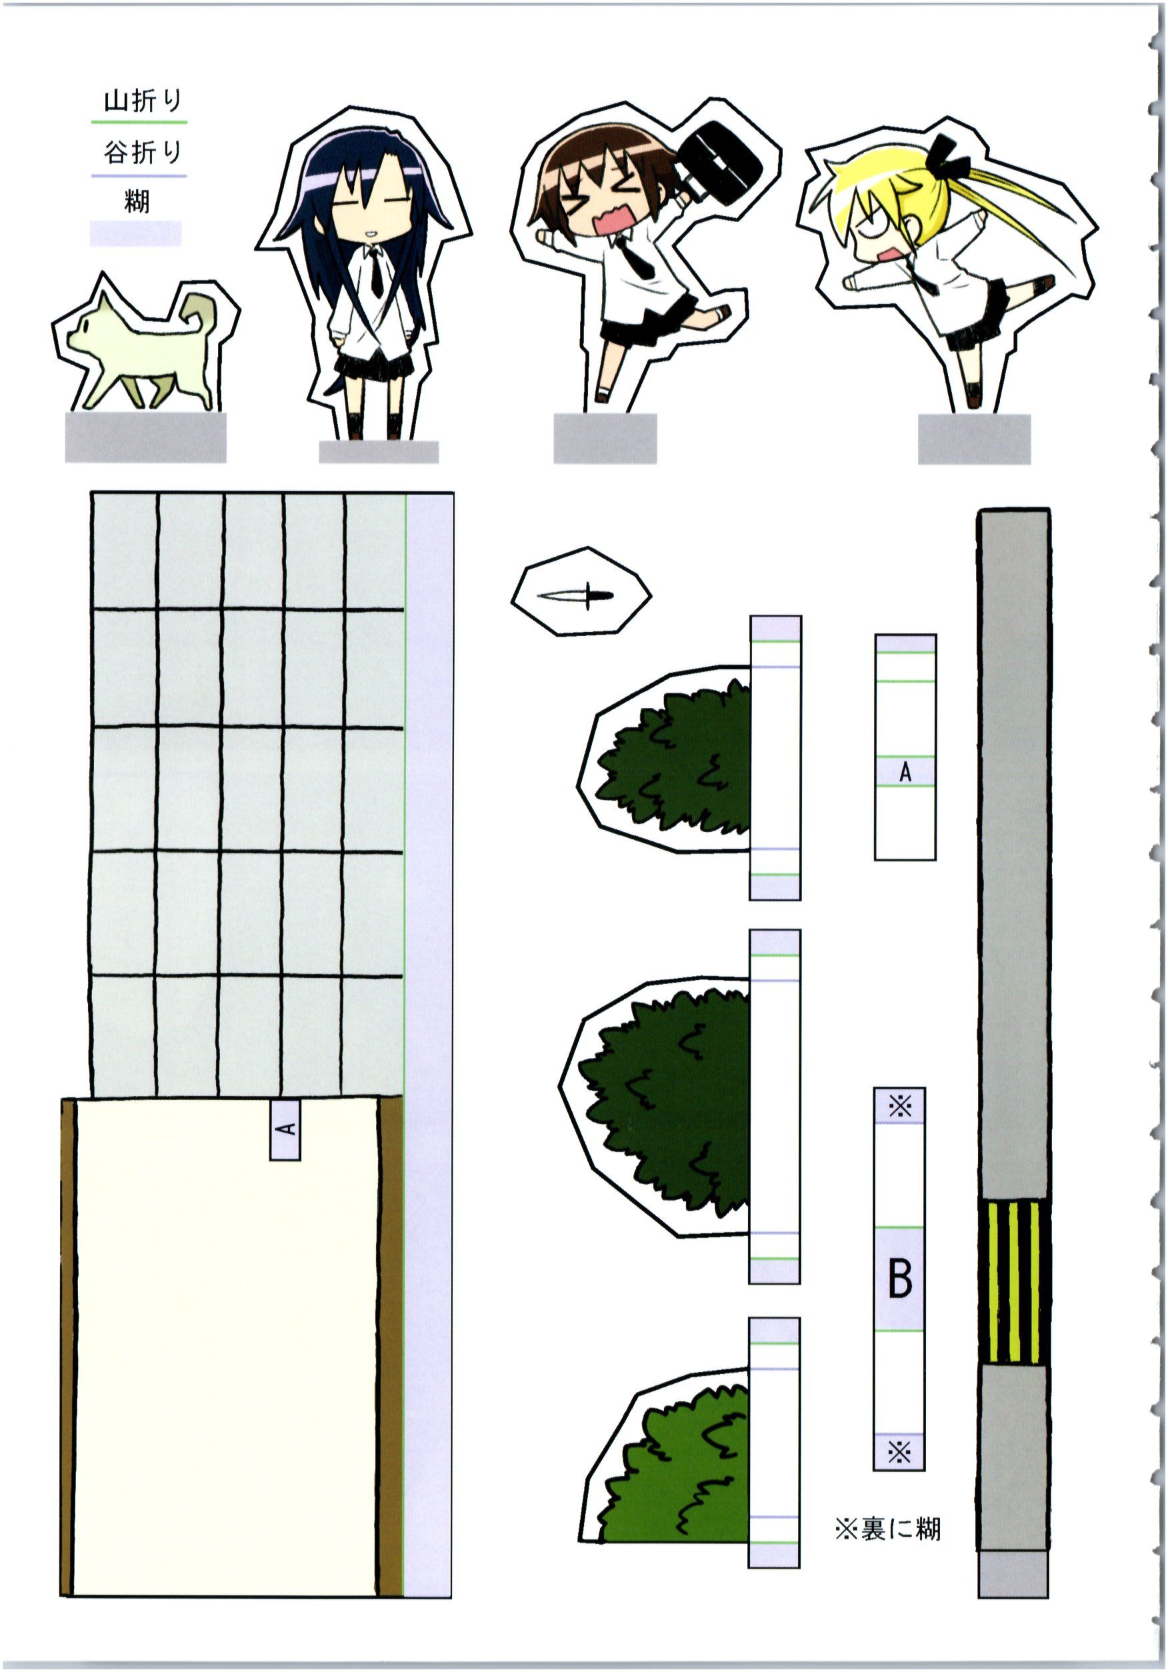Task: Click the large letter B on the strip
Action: click(900, 1278)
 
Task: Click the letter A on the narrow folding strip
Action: click(905, 772)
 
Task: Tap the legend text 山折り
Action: click(142, 101)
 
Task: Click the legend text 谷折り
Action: click(141, 152)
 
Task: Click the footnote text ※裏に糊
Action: click(887, 1529)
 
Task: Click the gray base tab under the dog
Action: click(145, 437)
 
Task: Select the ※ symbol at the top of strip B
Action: click(899, 1107)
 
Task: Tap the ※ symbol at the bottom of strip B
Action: click(899, 1453)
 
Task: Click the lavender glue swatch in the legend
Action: click(135, 234)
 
